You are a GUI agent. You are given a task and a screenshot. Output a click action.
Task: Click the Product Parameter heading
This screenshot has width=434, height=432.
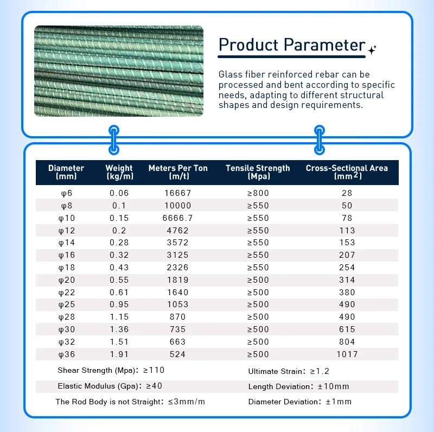tap(291, 45)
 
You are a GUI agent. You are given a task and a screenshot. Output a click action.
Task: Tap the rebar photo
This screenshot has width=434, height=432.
tap(119, 71)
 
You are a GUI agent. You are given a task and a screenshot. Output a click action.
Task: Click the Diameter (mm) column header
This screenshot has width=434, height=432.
tap(66, 172)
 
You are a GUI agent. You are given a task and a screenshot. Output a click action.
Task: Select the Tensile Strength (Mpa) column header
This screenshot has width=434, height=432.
tap(258, 172)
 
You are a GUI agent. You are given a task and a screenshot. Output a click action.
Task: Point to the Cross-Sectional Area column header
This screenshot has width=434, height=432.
tap(347, 172)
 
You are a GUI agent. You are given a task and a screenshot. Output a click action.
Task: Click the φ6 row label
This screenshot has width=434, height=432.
tap(66, 193)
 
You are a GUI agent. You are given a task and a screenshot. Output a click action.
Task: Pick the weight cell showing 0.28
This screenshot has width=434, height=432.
tap(119, 243)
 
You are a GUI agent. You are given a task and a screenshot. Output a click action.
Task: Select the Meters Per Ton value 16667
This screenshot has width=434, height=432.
tap(178, 193)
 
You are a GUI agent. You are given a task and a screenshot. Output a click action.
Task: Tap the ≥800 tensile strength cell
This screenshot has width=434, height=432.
tap(258, 193)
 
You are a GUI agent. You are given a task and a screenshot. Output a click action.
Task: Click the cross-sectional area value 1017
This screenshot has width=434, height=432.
tap(347, 354)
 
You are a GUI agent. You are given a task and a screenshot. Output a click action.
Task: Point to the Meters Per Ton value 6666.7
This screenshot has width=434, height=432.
tap(178, 218)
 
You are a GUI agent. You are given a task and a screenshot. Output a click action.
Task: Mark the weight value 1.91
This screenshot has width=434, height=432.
tap(119, 354)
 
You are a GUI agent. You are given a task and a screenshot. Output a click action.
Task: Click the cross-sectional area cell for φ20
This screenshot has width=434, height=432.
tap(347, 280)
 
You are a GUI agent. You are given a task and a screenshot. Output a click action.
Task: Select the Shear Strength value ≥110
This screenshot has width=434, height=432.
tap(154, 370)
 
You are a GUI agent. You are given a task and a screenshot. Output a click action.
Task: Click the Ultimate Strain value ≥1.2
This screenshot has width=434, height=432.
tap(319, 371)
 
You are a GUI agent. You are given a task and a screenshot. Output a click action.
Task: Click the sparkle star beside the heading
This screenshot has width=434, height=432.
tap(372, 50)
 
